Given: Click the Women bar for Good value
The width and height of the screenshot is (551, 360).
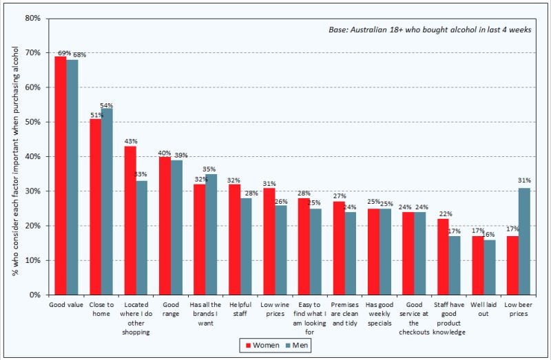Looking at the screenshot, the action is tap(61, 176).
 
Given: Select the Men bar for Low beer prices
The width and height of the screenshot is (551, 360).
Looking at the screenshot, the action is tap(524, 242).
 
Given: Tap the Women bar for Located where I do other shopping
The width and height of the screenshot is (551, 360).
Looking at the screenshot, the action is tap(130, 220).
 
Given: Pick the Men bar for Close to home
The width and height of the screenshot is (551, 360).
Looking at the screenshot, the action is tap(107, 202).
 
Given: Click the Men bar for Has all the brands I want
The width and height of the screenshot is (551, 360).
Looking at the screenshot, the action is tap(211, 234).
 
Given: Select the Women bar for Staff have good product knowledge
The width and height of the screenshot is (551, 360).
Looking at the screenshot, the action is tap(443, 257).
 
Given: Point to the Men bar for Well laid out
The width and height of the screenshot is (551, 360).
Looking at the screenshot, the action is tap(490, 267).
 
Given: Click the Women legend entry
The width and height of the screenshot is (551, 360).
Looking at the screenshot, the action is tap(262, 346).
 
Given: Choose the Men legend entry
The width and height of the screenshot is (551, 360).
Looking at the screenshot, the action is tap(297, 346).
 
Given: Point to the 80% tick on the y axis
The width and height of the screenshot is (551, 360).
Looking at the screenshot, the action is tap(47, 19).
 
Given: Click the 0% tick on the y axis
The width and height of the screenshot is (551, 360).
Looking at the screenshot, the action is tap(47, 295).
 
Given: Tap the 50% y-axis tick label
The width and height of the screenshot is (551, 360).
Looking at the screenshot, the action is tap(32, 122).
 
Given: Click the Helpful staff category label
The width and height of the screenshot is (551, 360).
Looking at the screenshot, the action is tap(240, 309).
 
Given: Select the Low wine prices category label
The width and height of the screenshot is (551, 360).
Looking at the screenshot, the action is tap(275, 309).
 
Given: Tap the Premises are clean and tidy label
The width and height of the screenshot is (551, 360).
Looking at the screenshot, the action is tap(344, 314).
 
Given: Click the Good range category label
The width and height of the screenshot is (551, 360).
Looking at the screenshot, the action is tap(171, 309).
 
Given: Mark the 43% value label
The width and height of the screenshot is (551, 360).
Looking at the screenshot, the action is tap(131, 141).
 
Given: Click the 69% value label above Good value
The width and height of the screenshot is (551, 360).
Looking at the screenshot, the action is tap(64, 53).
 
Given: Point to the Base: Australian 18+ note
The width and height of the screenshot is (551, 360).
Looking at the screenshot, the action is tap(430, 30).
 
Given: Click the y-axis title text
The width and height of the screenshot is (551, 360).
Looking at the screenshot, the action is tap(15, 160).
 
